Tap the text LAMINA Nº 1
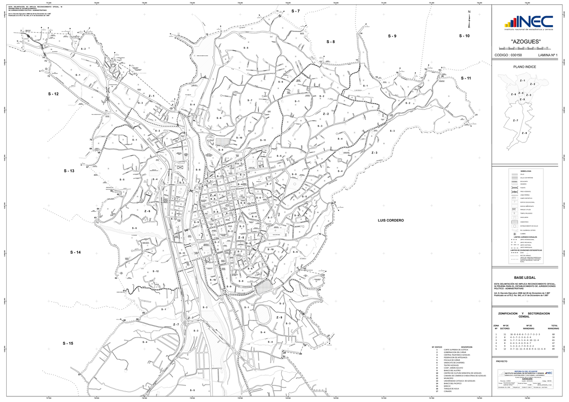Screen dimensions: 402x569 point(549,55)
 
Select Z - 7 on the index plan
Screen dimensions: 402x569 point(515,121)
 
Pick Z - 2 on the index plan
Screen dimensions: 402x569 point(532,84)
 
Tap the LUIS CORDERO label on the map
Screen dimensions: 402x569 point(390,221)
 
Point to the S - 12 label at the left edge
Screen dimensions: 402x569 point(53,94)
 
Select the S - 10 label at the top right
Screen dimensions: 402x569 point(464,36)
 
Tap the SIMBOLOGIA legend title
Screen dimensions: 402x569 point(526,170)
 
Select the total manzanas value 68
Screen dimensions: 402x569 point(553,334)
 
